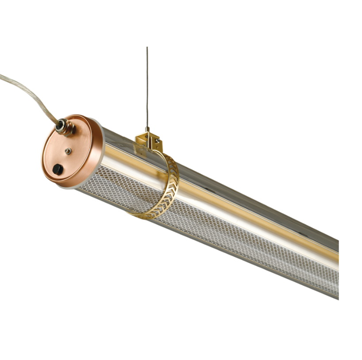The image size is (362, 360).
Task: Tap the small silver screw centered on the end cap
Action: tap(67, 151)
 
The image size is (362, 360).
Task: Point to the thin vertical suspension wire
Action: tap(147, 88)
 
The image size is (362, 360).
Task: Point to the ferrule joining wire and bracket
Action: tap(147, 129)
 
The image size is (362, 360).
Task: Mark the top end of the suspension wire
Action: tap(147, 48)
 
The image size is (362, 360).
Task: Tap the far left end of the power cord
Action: tap(2, 76)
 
